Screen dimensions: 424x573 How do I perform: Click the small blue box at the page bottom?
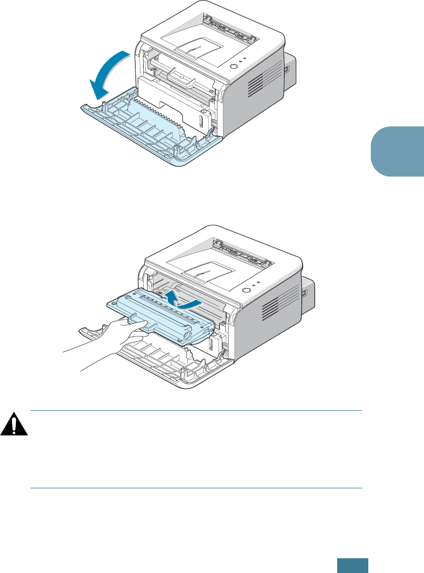pyautogui.click(x=352, y=564)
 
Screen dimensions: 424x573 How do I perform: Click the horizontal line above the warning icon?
pyautogui.click(x=197, y=411)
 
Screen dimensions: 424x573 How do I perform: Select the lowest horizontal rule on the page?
pyautogui.click(x=197, y=488)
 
